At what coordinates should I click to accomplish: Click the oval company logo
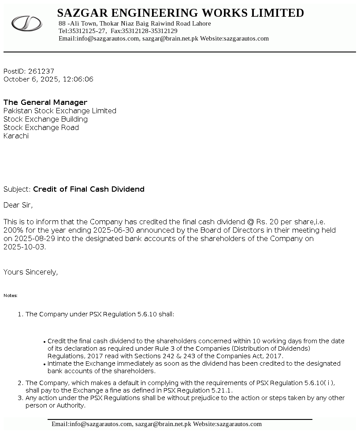26,23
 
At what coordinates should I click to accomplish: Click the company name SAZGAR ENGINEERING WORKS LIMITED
180,13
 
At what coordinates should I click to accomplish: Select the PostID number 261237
41,71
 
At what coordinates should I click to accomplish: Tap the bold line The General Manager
45,102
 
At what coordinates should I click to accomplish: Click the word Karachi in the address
16,136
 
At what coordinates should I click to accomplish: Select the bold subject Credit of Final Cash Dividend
89,189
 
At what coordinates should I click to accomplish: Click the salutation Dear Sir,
18,205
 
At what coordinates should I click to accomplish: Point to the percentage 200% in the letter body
12,230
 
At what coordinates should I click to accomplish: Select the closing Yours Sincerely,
30,272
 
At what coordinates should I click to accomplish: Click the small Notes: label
11,295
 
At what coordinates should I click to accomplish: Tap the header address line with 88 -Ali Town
134,23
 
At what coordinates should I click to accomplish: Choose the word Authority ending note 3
70,405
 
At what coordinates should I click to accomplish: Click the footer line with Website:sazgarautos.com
156,424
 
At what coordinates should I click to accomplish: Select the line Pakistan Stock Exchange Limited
60,111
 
